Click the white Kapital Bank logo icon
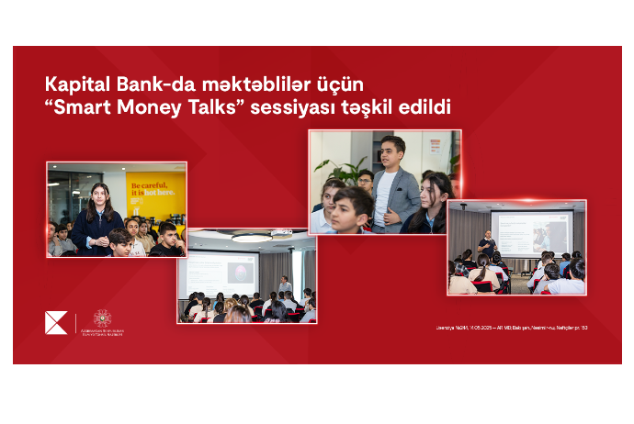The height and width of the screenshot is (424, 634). (x=56, y=323)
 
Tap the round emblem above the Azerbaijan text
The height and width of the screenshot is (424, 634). (x=102, y=318)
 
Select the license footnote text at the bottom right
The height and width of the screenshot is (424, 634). (x=512, y=328)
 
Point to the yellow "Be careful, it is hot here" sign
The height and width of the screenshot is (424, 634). (x=155, y=191)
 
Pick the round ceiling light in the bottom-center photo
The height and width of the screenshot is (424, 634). (x=251, y=237)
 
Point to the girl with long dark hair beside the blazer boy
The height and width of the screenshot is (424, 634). (x=433, y=204)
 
